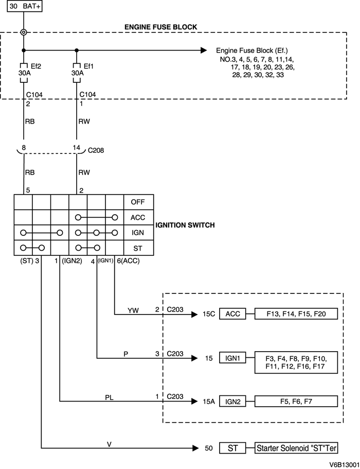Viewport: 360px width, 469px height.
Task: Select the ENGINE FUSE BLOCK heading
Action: tap(160, 27)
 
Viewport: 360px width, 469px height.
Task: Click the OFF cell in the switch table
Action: tap(138, 202)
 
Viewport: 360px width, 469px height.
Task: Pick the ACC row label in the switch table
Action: tap(138, 217)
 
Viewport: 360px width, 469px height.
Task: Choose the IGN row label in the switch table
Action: tap(138, 233)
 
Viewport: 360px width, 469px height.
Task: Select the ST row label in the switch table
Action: tap(138, 248)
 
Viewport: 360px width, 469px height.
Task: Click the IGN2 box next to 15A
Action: tap(232, 402)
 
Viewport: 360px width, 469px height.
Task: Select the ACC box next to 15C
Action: tap(232, 314)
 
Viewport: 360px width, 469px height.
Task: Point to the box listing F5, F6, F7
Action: tap(296, 402)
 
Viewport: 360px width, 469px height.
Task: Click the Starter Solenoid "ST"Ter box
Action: tap(297, 448)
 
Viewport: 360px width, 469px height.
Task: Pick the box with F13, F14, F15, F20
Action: tap(296, 314)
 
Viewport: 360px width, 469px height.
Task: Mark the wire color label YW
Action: tap(133, 310)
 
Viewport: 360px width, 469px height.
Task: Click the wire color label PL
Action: tap(110, 397)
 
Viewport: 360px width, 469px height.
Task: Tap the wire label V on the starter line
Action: tap(109, 444)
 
